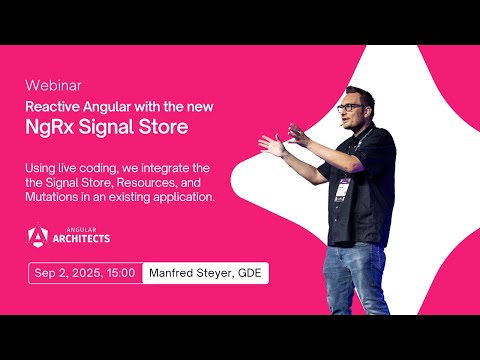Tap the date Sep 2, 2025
(x=68, y=272)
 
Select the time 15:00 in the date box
(x=120, y=272)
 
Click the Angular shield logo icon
(x=38, y=236)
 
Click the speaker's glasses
(x=351, y=106)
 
